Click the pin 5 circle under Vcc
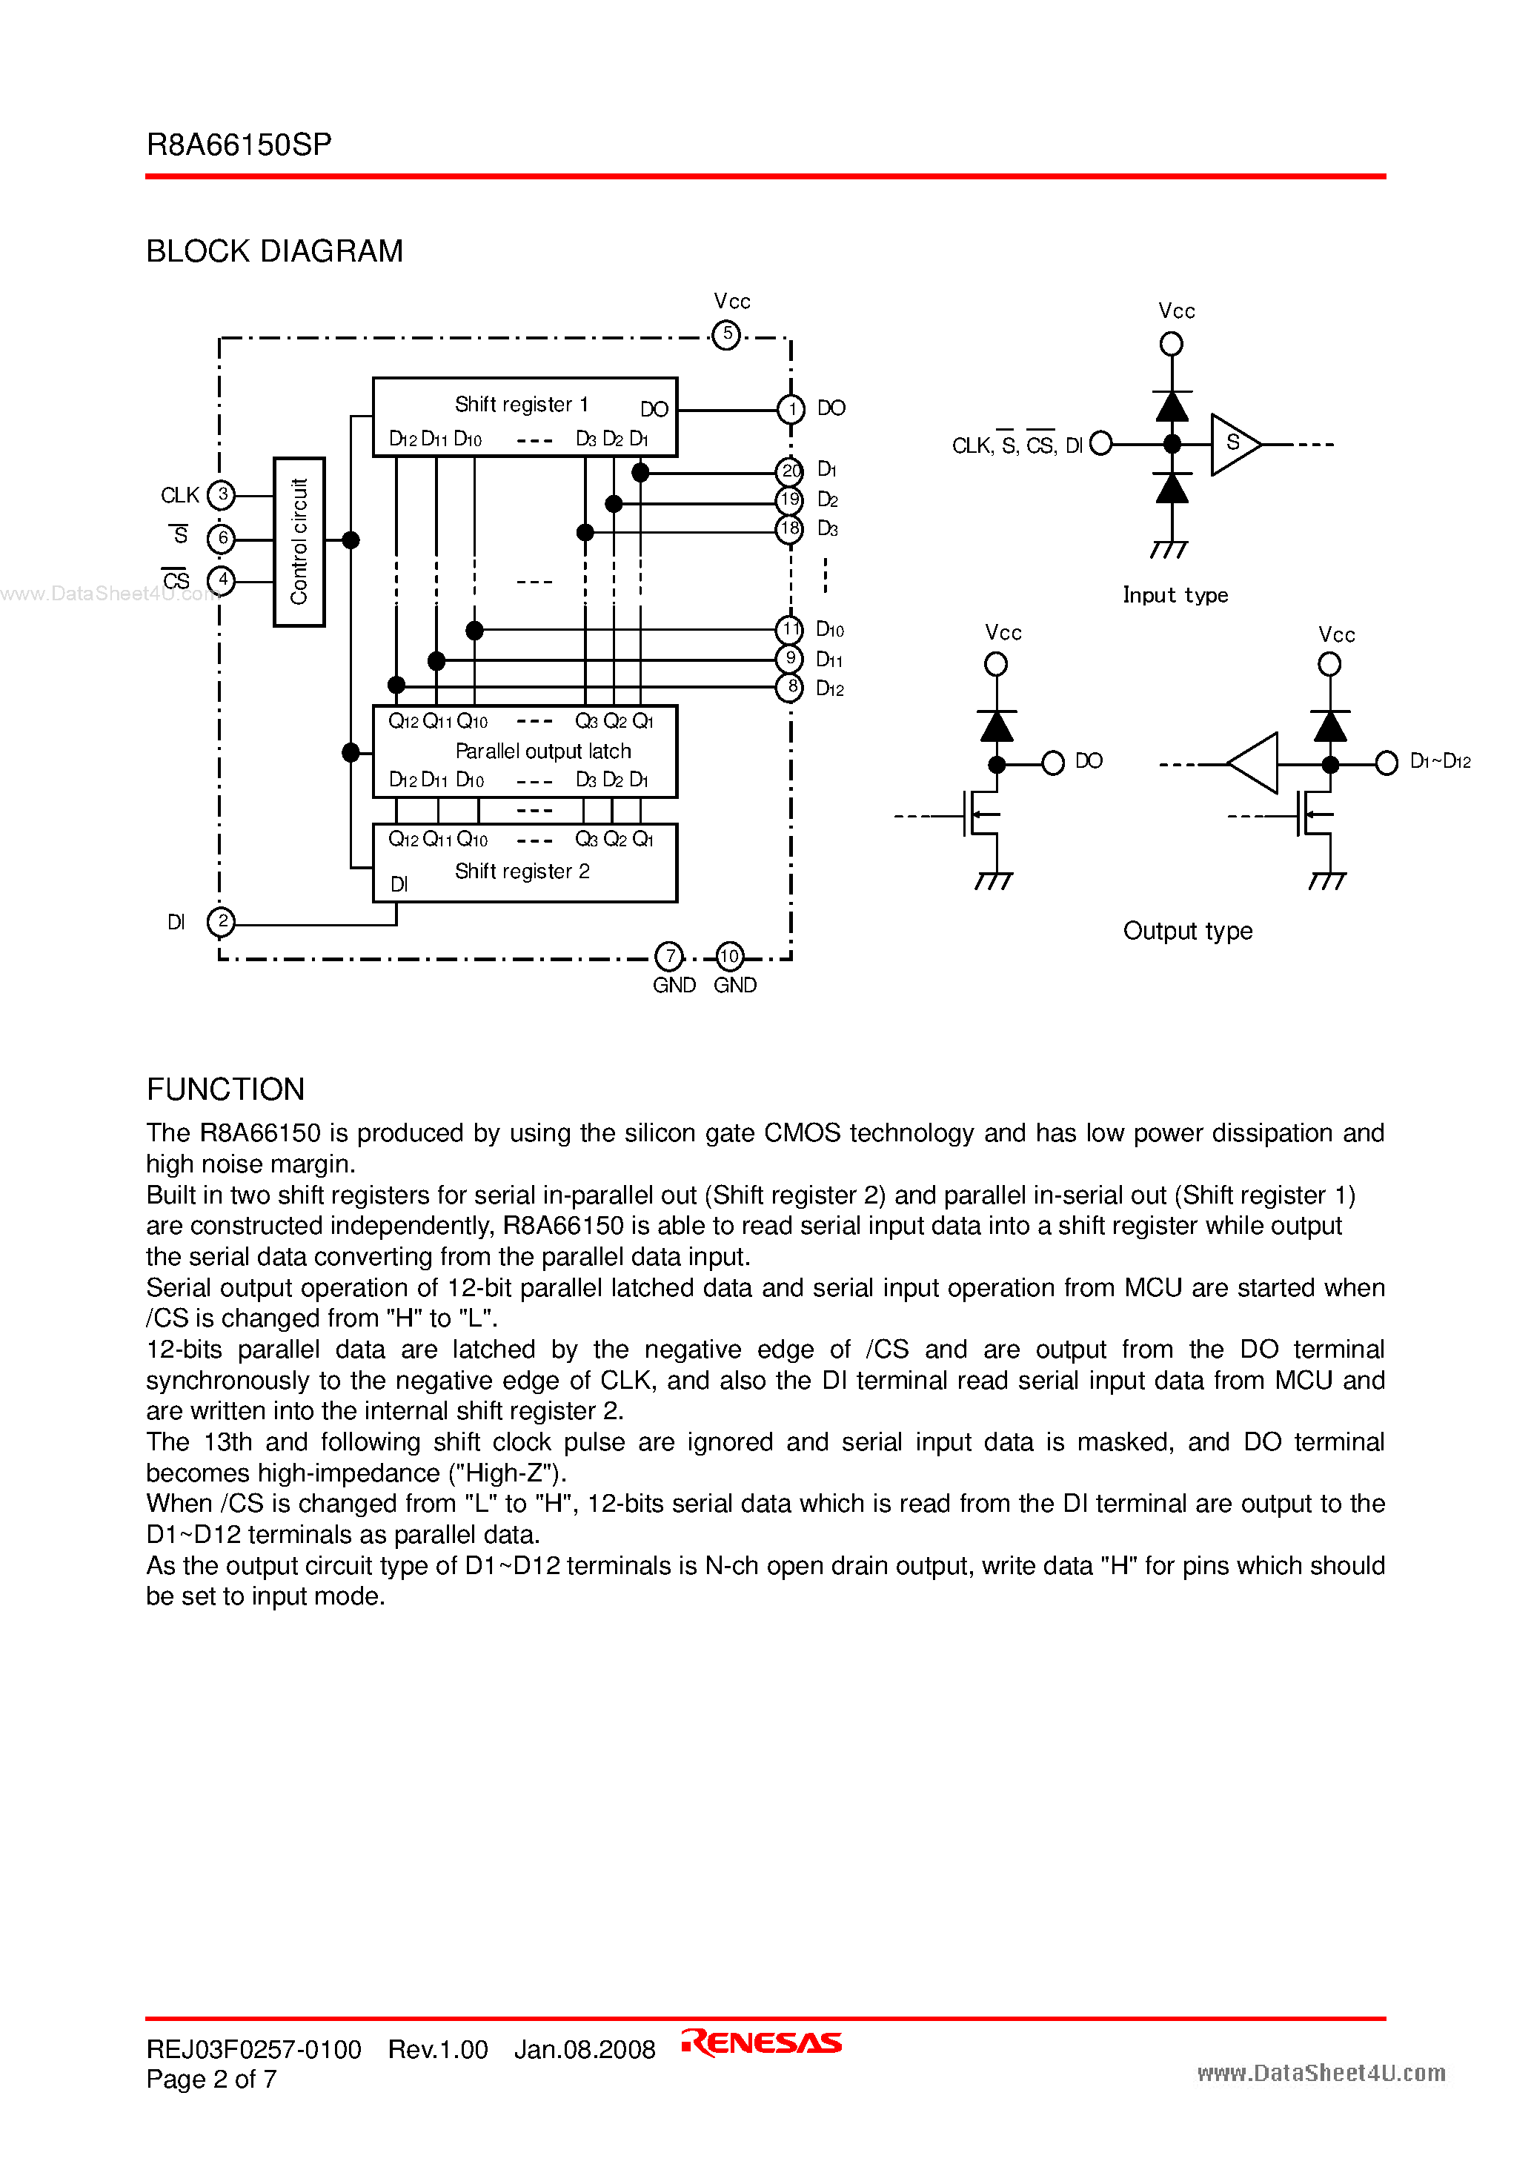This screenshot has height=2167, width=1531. tap(726, 334)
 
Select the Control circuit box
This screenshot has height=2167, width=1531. tap(299, 542)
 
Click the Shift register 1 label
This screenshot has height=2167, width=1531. tap(521, 404)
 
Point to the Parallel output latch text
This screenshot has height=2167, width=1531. tap(542, 751)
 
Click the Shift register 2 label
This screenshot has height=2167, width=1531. tap(522, 871)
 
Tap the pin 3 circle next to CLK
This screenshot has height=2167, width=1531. tap(221, 494)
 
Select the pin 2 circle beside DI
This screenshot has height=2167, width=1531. tap(221, 921)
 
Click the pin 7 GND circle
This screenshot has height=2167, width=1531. tap(669, 957)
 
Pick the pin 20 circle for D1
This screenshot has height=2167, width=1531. tap(790, 470)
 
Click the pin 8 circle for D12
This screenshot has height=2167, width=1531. tap(790, 687)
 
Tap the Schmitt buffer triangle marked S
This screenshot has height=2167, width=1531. tap(1234, 444)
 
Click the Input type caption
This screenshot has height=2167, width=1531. tap(1175, 594)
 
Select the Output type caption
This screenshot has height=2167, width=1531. tap(1187, 931)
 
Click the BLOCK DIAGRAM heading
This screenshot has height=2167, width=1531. tap(275, 251)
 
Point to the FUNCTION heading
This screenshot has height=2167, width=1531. tap(225, 1089)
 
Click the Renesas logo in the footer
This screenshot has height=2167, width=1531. tap(762, 2042)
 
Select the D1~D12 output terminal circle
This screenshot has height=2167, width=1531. tap(1386, 763)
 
